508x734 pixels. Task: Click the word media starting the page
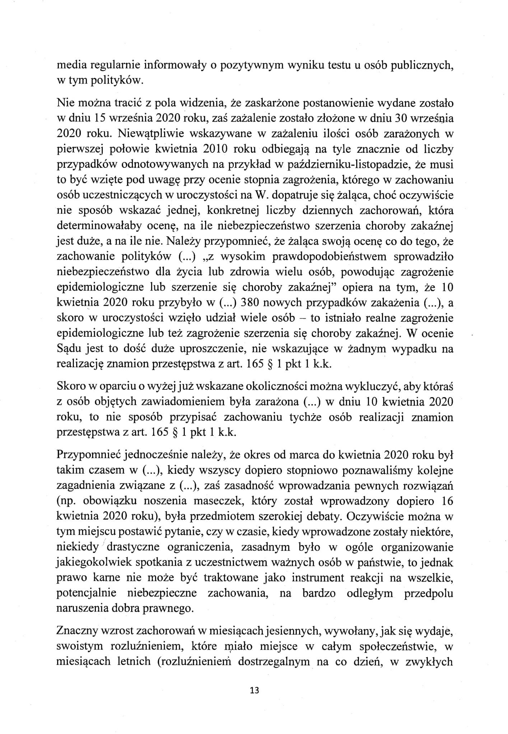(x=71, y=66)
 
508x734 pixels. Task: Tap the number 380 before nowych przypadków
(x=252, y=303)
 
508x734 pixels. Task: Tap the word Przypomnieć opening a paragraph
(x=89, y=455)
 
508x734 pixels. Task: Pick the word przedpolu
(x=429, y=593)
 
